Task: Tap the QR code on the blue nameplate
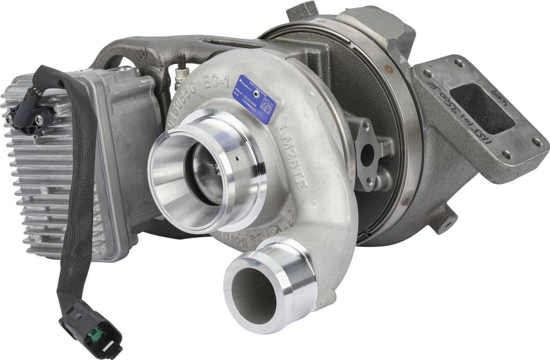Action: pyautogui.click(x=267, y=105)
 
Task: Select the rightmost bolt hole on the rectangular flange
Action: pyautogui.click(x=537, y=142)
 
